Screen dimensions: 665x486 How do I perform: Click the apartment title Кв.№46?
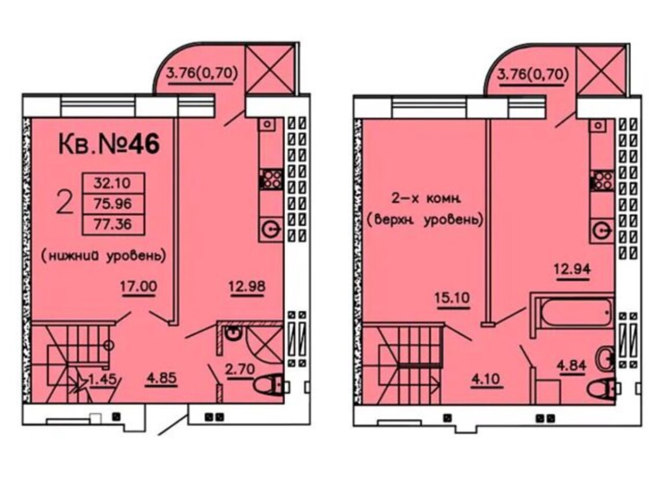(109, 144)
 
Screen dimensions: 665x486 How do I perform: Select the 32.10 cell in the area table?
(113, 183)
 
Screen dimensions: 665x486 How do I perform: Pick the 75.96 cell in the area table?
(113, 204)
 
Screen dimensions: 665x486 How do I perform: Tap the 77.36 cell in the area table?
(113, 224)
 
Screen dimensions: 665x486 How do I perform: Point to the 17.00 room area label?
(138, 286)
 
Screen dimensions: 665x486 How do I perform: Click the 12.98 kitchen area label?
(247, 286)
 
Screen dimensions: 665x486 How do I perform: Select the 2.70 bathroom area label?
(240, 369)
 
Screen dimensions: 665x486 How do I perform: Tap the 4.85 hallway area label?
(161, 378)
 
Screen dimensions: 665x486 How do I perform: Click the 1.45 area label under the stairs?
(102, 378)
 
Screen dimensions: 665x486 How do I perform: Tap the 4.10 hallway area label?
(487, 378)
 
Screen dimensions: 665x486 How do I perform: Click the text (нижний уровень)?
(104, 256)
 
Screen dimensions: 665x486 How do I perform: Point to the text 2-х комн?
(426, 198)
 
